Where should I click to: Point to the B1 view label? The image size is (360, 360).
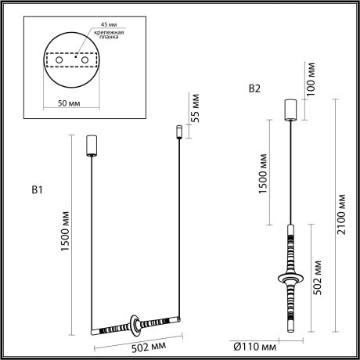(37, 190)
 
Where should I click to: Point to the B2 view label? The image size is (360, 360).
(254, 89)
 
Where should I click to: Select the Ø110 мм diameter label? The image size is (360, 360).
(256, 345)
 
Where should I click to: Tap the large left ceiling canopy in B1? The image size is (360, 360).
(90, 146)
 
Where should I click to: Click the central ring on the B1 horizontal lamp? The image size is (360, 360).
(135, 322)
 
